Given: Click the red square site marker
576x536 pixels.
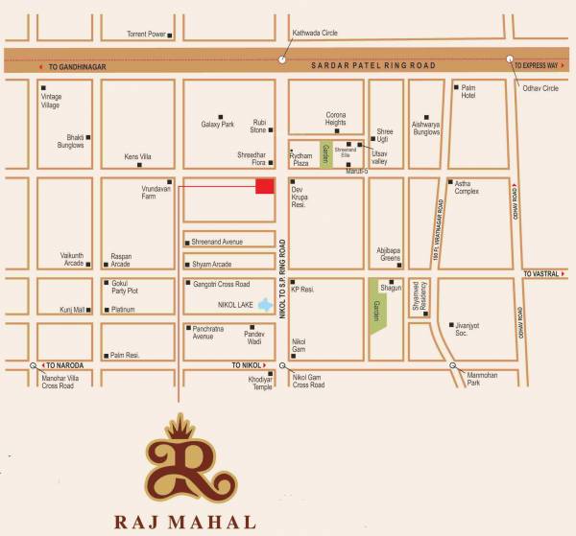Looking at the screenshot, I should click(x=265, y=186).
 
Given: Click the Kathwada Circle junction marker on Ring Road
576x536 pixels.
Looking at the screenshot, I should click(x=281, y=58).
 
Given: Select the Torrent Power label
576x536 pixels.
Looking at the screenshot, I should click(x=146, y=35).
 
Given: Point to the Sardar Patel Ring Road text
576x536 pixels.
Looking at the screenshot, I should click(x=373, y=65).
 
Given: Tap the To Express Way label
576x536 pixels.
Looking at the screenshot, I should click(x=537, y=65).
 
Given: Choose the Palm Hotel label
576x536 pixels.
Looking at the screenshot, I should click(x=469, y=92).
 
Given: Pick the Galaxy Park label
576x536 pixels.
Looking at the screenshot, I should click(x=218, y=124).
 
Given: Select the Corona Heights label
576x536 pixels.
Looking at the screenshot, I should click(x=336, y=119).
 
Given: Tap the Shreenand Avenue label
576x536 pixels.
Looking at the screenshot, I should click(x=218, y=242).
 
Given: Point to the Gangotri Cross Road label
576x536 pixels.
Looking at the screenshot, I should click(x=222, y=284).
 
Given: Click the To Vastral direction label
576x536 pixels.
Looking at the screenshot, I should click(x=540, y=274).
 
